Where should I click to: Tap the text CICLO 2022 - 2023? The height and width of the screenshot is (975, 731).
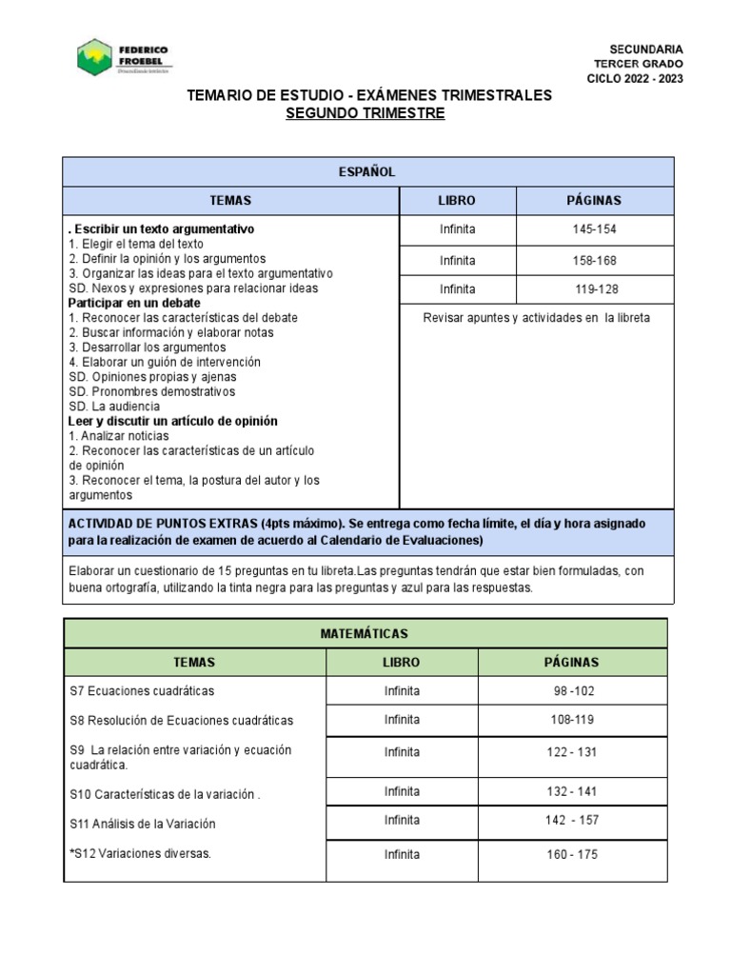click(634, 79)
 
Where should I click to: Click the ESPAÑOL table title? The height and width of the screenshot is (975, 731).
click(367, 171)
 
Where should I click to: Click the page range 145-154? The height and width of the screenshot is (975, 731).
click(596, 229)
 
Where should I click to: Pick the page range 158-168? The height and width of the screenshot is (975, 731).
click(596, 260)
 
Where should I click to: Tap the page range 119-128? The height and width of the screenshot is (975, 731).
click(596, 289)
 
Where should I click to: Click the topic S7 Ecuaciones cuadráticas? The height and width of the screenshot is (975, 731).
click(142, 690)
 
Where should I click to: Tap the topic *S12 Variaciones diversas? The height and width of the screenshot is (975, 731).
click(140, 854)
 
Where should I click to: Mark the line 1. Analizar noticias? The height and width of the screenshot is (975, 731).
click(119, 435)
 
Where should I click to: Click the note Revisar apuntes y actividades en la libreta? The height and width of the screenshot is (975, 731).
click(536, 318)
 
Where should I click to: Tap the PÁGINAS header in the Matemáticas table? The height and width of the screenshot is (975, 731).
click(571, 662)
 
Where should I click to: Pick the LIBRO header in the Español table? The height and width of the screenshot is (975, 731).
click(457, 200)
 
